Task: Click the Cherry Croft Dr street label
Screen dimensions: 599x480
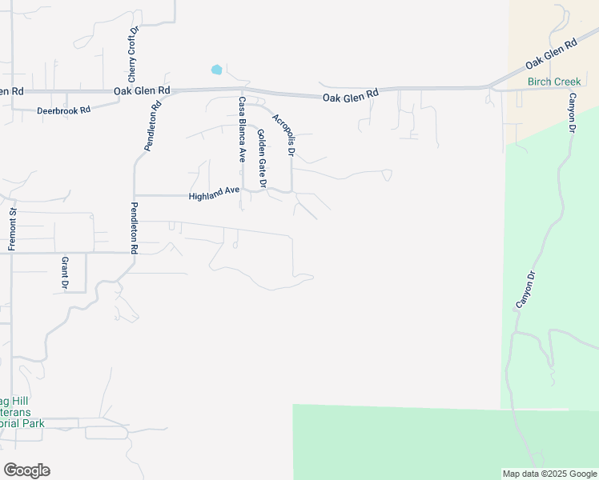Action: click(x=134, y=46)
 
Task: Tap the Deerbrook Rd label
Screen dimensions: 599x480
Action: click(x=63, y=110)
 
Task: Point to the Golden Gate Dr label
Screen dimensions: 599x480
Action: click(x=261, y=159)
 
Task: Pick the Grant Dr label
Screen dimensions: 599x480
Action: click(x=66, y=273)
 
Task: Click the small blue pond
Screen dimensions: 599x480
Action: click(x=216, y=70)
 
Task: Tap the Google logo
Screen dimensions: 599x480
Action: click(x=26, y=470)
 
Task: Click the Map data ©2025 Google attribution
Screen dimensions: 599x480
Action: click(x=549, y=474)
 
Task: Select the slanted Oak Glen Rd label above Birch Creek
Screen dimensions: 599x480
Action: click(x=551, y=54)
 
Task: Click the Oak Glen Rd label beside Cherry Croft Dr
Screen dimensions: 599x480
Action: click(x=142, y=91)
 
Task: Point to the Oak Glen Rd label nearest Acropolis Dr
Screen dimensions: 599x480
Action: click(x=350, y=96)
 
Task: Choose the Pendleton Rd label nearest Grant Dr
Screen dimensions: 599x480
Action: click(x=134, y=229)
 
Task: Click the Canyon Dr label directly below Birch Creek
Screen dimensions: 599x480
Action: click(x=573, y=113)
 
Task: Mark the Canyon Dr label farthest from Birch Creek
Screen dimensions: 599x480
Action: click(x=525, y=290)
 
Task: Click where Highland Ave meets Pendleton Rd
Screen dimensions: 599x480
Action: click(x=135, y=194)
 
